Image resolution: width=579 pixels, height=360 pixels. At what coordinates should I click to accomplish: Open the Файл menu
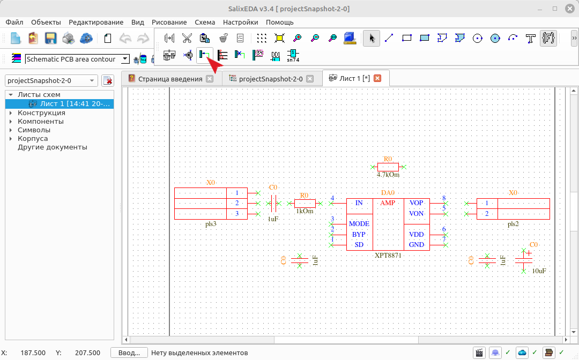14,22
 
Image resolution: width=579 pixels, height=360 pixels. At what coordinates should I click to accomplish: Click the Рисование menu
169,22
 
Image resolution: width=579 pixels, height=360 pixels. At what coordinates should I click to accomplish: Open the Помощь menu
279,22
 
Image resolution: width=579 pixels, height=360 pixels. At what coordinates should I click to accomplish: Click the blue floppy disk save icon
50,39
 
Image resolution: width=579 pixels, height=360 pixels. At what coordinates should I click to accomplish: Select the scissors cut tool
187,38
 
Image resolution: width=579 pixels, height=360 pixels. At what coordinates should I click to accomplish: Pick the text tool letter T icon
530,38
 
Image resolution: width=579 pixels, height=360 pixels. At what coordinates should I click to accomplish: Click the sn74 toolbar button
293,55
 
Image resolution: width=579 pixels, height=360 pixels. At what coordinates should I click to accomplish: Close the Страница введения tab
210,79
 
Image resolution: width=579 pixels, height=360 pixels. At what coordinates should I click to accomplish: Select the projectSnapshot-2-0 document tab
271,79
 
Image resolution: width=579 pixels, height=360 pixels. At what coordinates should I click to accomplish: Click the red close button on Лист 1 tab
377,78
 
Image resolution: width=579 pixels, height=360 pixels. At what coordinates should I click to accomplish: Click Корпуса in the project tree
33,138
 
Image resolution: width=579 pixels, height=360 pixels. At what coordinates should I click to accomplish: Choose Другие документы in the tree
53,147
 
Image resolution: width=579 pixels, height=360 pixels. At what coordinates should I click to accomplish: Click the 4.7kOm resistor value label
388,175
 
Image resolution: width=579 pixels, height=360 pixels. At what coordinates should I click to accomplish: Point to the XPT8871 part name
388,255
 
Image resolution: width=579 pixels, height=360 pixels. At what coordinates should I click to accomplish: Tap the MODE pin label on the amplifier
359,224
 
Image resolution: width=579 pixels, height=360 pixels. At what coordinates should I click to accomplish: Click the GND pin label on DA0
417,245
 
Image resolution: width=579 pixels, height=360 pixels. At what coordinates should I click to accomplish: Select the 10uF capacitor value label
539,271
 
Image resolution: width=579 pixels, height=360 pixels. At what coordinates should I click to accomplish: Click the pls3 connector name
211,224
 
